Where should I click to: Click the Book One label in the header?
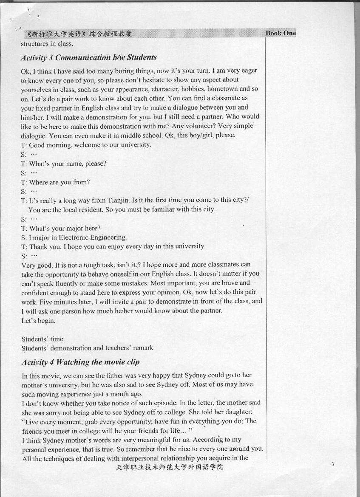tap(281, 33)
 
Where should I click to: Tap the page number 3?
tap(333, 465)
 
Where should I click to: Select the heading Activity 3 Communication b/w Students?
tap(89, 57)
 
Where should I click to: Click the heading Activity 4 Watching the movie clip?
tap(80, 362)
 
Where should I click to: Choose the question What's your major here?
tap(60, 228)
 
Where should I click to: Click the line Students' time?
tap(42, 339)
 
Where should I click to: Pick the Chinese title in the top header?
tap(79, 34)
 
